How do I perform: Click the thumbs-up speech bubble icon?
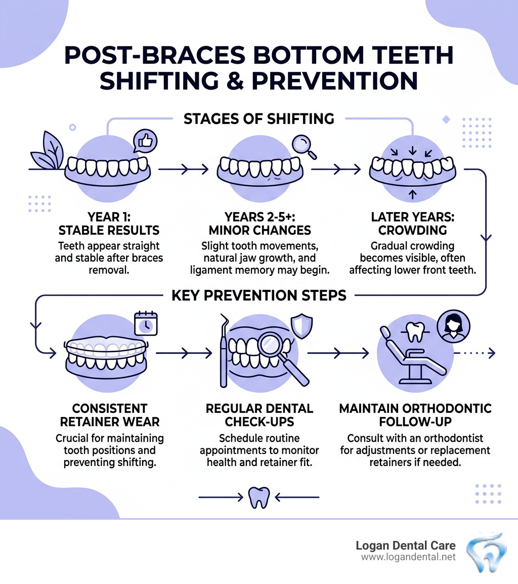click(x=145, y=141)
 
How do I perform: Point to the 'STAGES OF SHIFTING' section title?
click(x=258, y=119)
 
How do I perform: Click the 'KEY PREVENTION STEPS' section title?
click(x=258, y=296)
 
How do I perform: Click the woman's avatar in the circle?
click(x=453, y=325)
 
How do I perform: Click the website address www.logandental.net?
click(x=408, y=557)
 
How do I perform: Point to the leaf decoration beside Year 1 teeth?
click(x=48, y=152)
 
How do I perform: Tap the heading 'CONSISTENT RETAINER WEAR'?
click(x=109, y=415)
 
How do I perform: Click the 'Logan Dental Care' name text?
click(x=405, y=546)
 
